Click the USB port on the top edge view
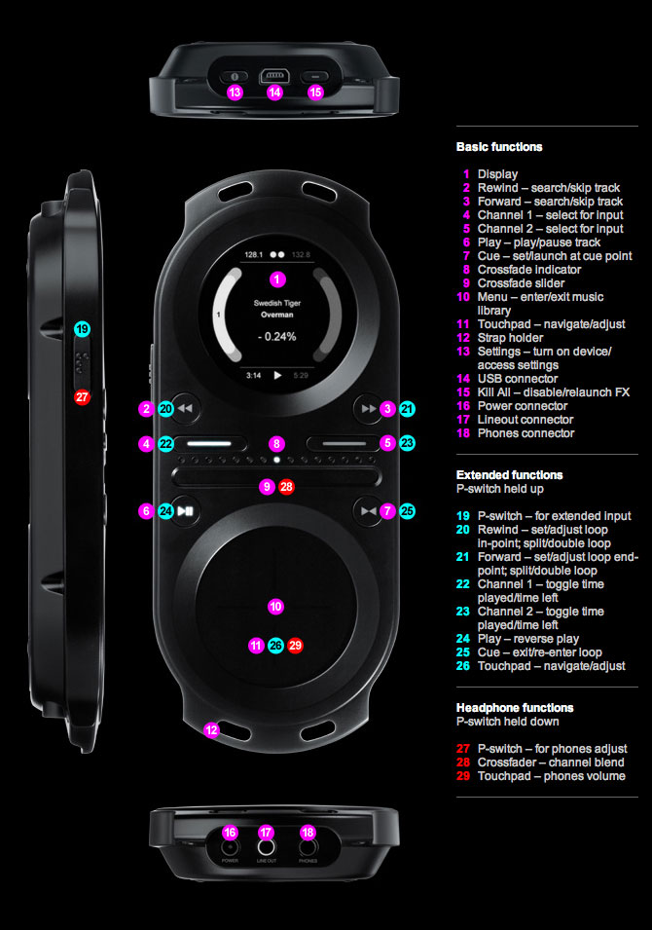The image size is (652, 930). [273, 75]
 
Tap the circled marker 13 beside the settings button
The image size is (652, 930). [234, 93]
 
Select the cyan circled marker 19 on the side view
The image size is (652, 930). [82, 329]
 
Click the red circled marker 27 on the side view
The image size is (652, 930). [82, 396]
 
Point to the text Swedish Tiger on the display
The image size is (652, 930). [276, 303]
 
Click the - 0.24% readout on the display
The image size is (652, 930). [276, 337]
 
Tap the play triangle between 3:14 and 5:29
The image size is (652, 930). [277, 374]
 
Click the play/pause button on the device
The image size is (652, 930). [189, 509]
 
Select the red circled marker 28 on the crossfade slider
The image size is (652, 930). [286, 486]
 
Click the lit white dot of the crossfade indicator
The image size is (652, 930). [277, 458]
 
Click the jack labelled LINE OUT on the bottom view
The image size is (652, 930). [266, 848]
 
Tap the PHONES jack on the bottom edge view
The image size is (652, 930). [308, 848]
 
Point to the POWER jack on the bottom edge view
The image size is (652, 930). [230, 848]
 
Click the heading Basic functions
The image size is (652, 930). [499, 147]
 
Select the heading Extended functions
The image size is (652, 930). [509, 475]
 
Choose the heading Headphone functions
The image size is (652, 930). [515, 708]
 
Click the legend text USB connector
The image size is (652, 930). [518, 379]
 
